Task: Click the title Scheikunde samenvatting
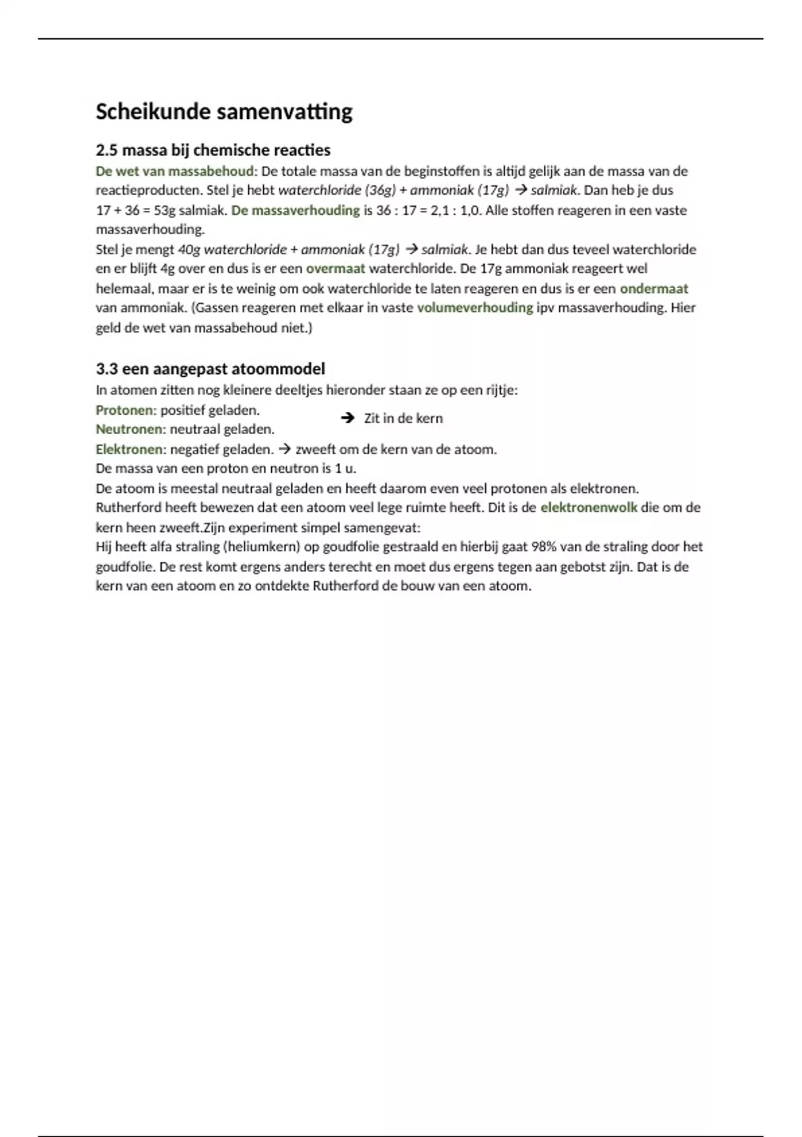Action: (224, 112)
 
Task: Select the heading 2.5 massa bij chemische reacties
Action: (213, 150)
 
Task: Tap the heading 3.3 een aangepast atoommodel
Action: (211, 369)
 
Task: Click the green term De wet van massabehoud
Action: (175, 171)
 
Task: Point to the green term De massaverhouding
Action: (295, 211)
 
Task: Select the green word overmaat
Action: (336, 269)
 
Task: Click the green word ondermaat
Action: (654, 289)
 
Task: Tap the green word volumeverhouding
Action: (475, 308)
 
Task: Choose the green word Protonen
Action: (126, 410)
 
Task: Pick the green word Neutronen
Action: (130, 429)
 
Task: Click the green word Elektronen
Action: (130, 449)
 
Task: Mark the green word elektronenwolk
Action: (588, 508)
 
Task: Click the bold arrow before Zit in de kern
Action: (347, 418)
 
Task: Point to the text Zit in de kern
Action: (403, 419)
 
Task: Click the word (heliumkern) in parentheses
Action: (261, 547)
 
